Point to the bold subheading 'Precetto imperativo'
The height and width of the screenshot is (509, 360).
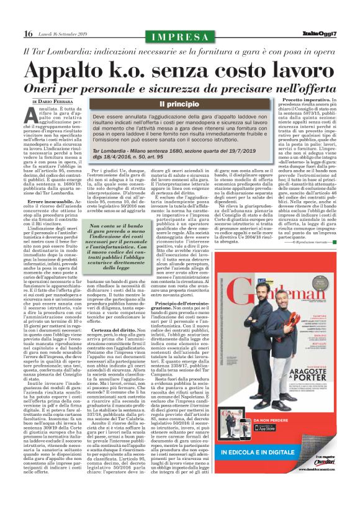click(x=297, y=99)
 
